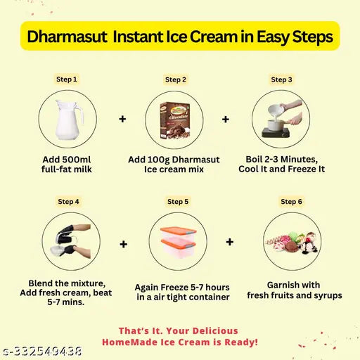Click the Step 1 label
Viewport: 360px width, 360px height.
67,79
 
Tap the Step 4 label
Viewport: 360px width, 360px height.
68,202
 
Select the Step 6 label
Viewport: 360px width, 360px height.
291,202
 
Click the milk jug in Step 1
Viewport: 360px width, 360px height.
68,120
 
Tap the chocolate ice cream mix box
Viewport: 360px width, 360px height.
174,120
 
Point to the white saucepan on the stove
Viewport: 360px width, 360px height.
275,125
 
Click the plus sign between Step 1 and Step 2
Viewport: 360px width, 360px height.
122,119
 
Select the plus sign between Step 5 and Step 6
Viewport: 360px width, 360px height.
230,242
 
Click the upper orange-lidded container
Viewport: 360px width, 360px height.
178,233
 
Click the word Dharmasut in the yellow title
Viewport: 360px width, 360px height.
67,37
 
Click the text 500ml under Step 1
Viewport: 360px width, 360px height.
76,160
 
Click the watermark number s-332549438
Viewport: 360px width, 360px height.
42,352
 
